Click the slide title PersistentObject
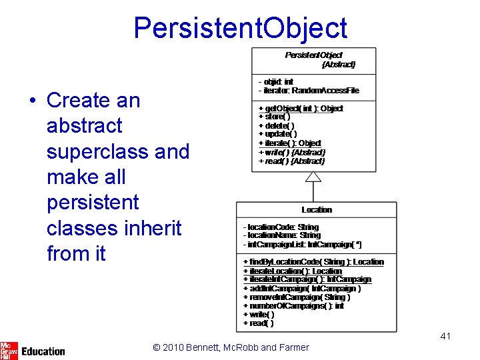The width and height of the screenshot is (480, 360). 240,28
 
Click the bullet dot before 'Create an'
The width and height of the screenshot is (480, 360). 32,101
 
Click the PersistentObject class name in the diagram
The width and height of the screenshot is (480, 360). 313,55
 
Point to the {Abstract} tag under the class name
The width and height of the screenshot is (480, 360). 338,65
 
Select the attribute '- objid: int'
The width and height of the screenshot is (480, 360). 276,81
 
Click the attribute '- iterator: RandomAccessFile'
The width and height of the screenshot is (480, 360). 309,90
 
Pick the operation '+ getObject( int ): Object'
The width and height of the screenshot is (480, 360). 301,108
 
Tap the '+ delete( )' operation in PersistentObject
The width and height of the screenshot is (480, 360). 277,125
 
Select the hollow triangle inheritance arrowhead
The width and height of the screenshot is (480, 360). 313,176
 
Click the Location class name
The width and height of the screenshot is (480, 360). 316,209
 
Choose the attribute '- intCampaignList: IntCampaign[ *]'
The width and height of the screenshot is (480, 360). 302,244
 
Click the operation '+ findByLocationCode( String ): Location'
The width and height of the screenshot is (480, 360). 313,262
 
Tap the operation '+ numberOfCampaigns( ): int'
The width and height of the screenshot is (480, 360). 293,306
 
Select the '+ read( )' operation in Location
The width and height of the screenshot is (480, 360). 258,323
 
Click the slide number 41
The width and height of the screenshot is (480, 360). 445,336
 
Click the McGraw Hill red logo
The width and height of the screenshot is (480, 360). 9,350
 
